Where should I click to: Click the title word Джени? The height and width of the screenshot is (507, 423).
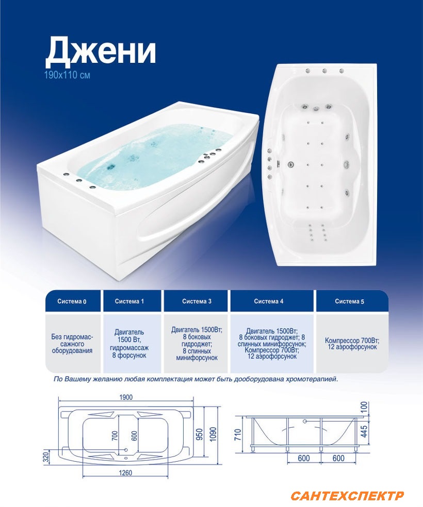[101, 51]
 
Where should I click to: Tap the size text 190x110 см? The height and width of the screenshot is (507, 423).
[67, 75]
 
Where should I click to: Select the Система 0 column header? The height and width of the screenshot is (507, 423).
[72, 301]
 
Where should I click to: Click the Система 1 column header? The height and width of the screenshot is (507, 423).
[129, 301]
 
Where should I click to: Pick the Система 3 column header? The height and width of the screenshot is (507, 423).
[197, 301]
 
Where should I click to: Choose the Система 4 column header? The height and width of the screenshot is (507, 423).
[269, 301]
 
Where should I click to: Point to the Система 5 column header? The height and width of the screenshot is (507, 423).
[350, 301]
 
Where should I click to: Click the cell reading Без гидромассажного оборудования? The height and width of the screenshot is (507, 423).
[72, 343]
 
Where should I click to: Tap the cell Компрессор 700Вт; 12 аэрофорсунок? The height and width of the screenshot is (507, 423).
[352, 344]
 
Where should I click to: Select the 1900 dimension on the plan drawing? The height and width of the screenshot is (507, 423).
[126, 397]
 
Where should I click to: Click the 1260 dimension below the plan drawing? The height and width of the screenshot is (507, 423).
[125, 472]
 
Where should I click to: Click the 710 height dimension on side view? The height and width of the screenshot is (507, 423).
[238, 434]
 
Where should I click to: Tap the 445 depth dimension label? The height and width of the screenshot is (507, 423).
[364, 432]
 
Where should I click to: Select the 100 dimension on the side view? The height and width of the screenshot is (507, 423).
[364, 407]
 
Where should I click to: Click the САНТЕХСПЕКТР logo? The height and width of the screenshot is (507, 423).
[347, 496]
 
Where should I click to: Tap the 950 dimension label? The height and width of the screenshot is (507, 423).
[200, 434]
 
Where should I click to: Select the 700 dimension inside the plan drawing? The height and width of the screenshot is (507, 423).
[115, 436]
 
